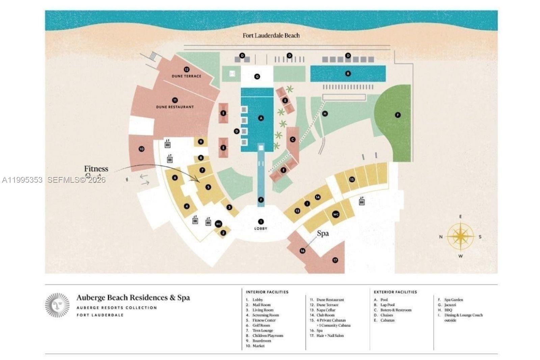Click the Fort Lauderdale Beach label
click(x=271, y=35)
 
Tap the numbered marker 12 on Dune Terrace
click(x=186, y=70)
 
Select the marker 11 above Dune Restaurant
click(x=175, y=100)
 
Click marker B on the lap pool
click(x=348, y=73)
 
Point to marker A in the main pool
click(x=261, y=118)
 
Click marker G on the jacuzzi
click(x=257, y=77)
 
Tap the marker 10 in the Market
click(x=141, y=149)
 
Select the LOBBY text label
click(x=261, y=229)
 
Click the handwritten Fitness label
click(x=96, y=169)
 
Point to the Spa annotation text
click(x=323, y=233)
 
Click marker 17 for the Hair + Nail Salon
click(x=335, y=260)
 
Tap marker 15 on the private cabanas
click(x=352, y=179)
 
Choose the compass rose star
click(x=460, y=236)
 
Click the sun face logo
click(x=57, y=305)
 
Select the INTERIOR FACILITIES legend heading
click(x=267, y=292)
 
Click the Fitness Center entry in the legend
click(x=264, y=320)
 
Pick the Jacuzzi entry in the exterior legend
click(x=450, y=305)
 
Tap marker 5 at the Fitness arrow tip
click(x=208, y=187)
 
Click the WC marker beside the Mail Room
click(x=218, y=224)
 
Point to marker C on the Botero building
click(x=293, y=139)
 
